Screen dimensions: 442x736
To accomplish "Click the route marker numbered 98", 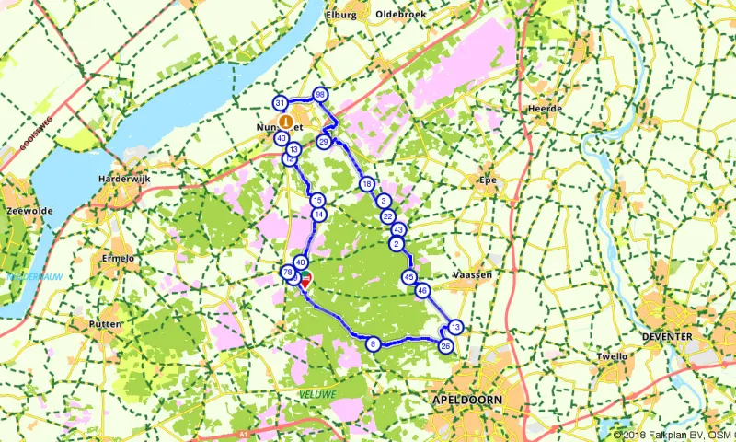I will [320, 95].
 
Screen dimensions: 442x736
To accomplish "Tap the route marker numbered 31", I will [280, 103].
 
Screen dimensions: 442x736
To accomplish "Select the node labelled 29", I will [324, 142].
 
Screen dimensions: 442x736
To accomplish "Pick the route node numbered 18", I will [367, 183].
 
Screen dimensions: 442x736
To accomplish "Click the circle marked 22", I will [387, 215].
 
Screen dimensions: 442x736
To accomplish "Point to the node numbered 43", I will [398, 229].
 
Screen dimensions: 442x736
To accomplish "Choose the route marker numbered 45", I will [409, 277].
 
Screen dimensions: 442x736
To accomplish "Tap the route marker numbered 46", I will [422, 291].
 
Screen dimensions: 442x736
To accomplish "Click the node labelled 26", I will [446, 346].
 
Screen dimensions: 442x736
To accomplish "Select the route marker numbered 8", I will [373, 344].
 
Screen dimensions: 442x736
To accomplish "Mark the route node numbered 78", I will [288, 273].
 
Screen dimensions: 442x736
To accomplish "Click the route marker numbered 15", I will [317, 200].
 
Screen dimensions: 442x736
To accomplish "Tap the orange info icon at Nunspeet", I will [286, 121].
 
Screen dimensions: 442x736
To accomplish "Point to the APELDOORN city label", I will [466, 401].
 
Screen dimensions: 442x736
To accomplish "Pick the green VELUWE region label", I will [318, 394].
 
